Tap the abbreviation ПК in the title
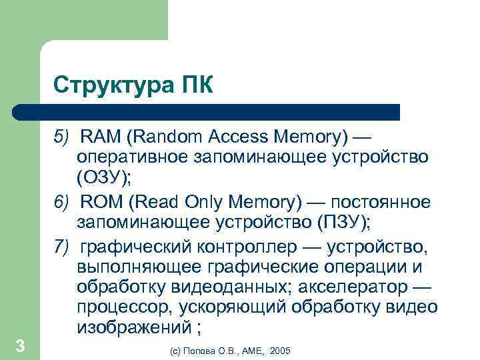tap(197, 85)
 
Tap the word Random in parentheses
tap(162, 138)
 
